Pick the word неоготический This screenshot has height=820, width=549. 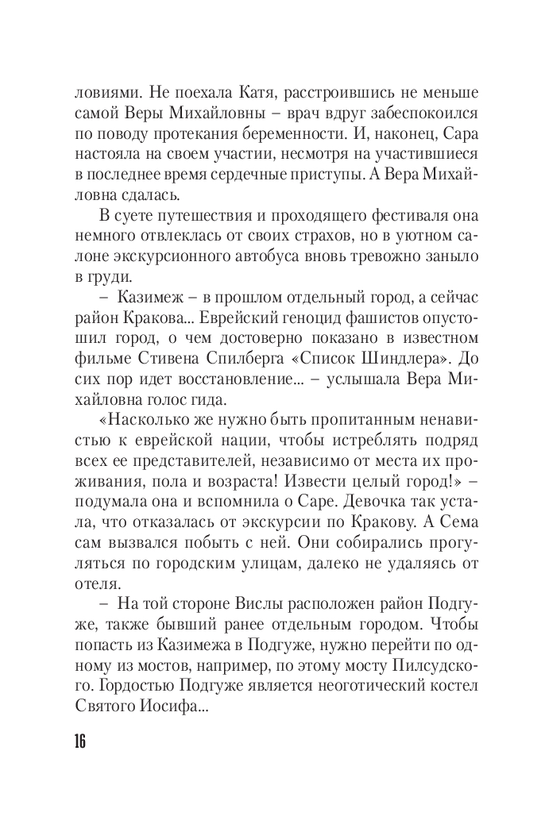coord(355,669)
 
